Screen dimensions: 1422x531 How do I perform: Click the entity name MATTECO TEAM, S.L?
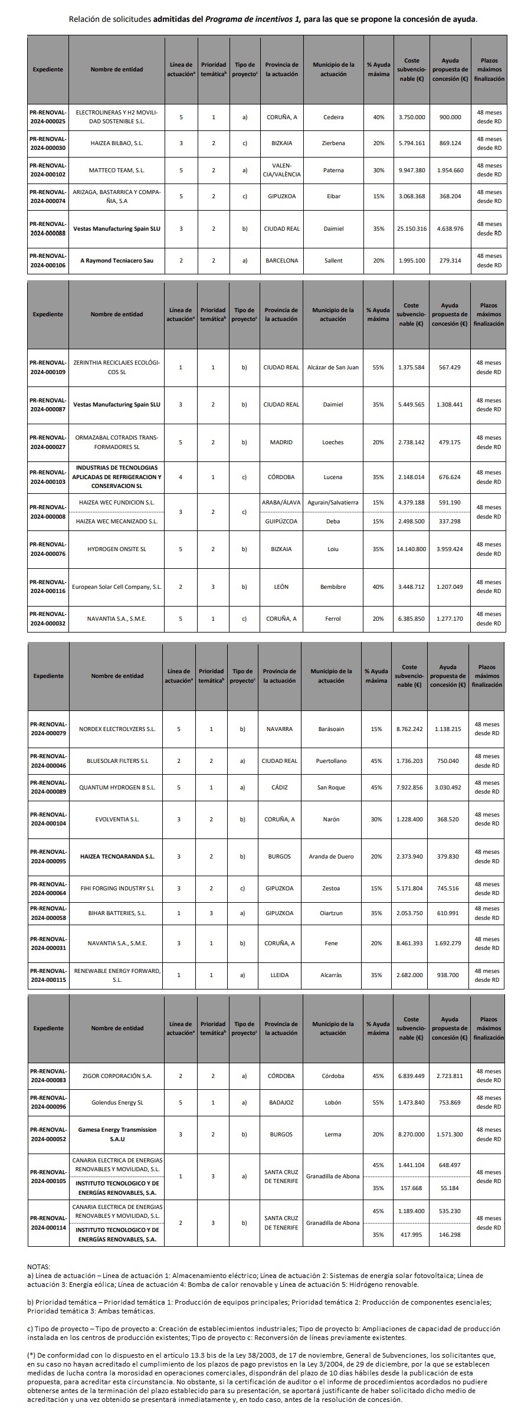[x=116, y=170]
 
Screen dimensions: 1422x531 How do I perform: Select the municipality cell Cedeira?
[x=333, y=117]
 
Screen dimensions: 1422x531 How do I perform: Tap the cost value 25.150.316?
[x=411, y=228]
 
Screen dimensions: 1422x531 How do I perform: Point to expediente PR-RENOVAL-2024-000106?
[x=48, y=260]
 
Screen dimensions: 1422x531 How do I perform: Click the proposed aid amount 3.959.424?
[x=450, y=549]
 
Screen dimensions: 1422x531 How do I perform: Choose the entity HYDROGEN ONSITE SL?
[x=116, y=549]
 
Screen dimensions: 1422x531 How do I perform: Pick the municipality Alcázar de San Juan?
[x=333, y=367]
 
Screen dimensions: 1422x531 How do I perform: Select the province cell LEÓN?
[x=281, y=587]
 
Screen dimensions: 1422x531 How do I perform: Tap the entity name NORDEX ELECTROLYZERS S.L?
[x=117, y=729]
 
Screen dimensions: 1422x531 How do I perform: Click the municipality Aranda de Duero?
[x=331, y=856]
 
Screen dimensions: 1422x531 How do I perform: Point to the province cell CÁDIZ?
[x=279, y=787]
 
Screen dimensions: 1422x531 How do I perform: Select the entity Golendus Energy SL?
[x=117, y=1102]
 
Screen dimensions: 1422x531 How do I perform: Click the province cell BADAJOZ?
[x=281, y=1102]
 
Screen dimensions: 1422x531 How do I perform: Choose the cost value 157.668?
[x=411, y=1188]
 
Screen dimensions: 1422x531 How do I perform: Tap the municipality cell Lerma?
[x=333, y=1134]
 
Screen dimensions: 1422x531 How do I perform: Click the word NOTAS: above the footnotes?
[x=39, y=1266]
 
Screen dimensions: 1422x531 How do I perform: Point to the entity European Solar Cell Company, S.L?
[x=116, y=587]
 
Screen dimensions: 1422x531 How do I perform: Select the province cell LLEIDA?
[x=279, y=975]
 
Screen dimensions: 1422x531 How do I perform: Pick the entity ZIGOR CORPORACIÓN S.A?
[x=117, y=1076]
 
